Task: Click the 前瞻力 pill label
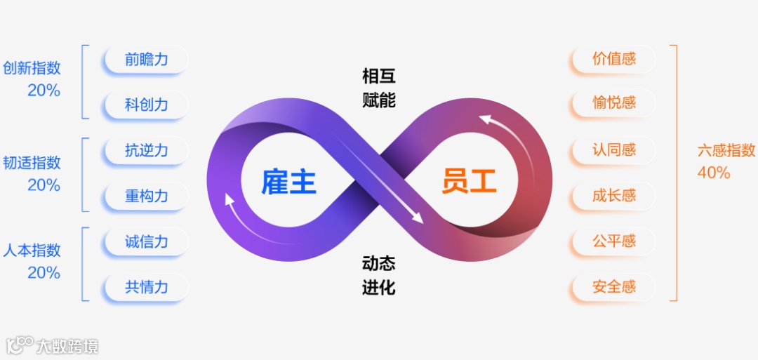coord(146,60)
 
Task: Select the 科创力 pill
coord(146,105)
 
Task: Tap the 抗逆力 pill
coord(146,150)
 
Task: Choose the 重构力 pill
coord(146,196)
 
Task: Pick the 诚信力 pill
coord(146,242)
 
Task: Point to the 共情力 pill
coord(146,287)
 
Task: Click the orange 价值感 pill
coord(613,59)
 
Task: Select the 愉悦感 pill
coord(613,103)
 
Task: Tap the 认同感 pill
coord(613,149)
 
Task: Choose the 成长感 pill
coord(613,195)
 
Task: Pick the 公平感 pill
coord(613,241)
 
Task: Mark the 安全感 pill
coord(613,286)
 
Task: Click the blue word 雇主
coord(288,182)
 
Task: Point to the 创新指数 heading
coord(32,68)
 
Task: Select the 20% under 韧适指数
coord(44,185)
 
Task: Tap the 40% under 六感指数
coord(714,172)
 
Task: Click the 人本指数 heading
coord(32,251)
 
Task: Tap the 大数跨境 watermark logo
coord(53,345)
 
